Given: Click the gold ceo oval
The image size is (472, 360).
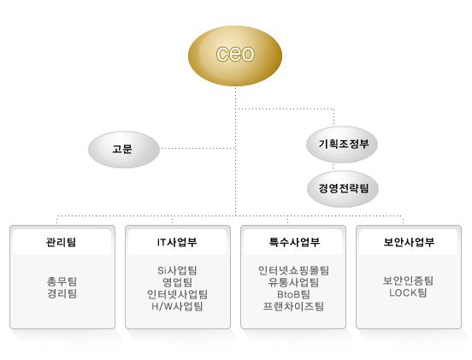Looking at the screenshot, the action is (235, 56).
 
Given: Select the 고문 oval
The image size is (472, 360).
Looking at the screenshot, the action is (124, 150).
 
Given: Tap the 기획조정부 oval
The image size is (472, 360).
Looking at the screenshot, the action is (342, 145).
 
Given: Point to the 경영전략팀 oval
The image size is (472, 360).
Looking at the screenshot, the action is (343, 189).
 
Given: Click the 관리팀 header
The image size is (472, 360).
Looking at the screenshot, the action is (61, 242).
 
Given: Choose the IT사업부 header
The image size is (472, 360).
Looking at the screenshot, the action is (177, 242).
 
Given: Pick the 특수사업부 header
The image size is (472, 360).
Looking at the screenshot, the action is (294, 242).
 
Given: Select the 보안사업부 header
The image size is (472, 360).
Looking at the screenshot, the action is (409, 242).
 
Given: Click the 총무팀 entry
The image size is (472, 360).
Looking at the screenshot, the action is (62, 281).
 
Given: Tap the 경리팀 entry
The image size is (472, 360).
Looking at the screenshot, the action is (62, 293).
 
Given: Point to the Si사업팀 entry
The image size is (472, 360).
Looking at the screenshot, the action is (177, 270).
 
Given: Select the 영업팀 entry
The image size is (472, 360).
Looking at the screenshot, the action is (177, 282).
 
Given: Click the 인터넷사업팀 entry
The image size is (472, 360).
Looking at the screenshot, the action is (177, 294).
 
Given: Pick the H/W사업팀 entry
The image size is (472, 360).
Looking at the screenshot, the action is (177, 306).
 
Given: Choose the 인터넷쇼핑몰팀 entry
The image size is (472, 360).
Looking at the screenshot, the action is (293, 270).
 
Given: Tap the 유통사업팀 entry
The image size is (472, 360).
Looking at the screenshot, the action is (293, 282).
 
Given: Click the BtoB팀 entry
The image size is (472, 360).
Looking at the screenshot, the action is (293, 294).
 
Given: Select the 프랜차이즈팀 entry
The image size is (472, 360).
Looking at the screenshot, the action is (293, 306).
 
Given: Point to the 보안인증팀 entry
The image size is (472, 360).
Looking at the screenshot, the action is (408, 280).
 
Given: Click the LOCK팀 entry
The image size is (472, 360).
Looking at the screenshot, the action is (408, 292).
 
